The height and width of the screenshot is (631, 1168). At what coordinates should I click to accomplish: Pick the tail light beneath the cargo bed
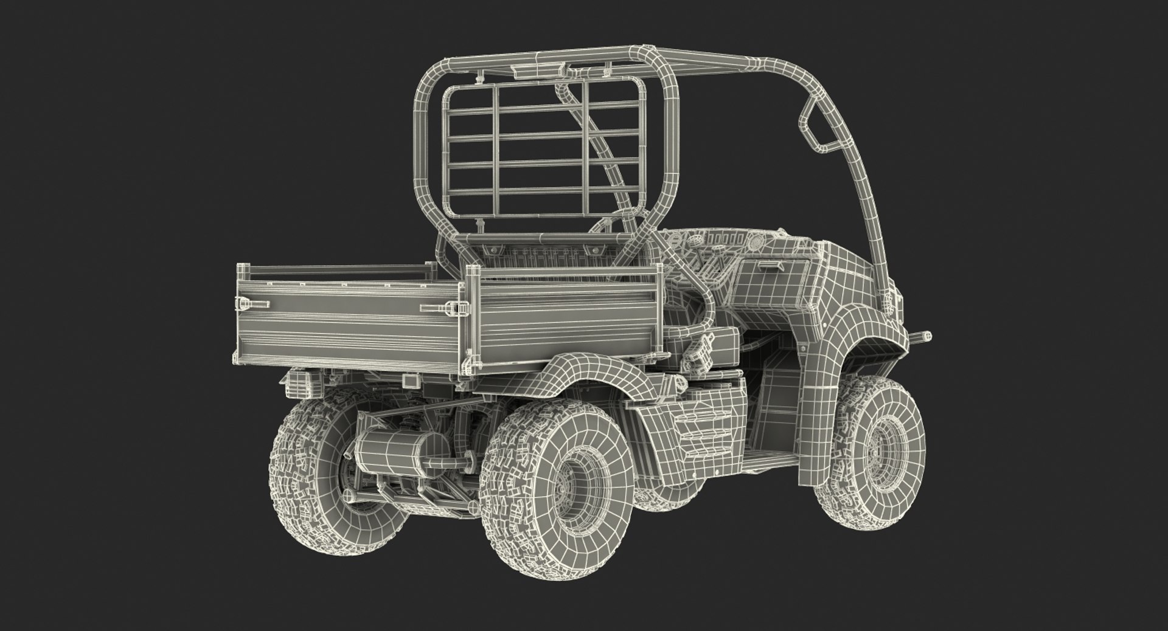300,381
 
